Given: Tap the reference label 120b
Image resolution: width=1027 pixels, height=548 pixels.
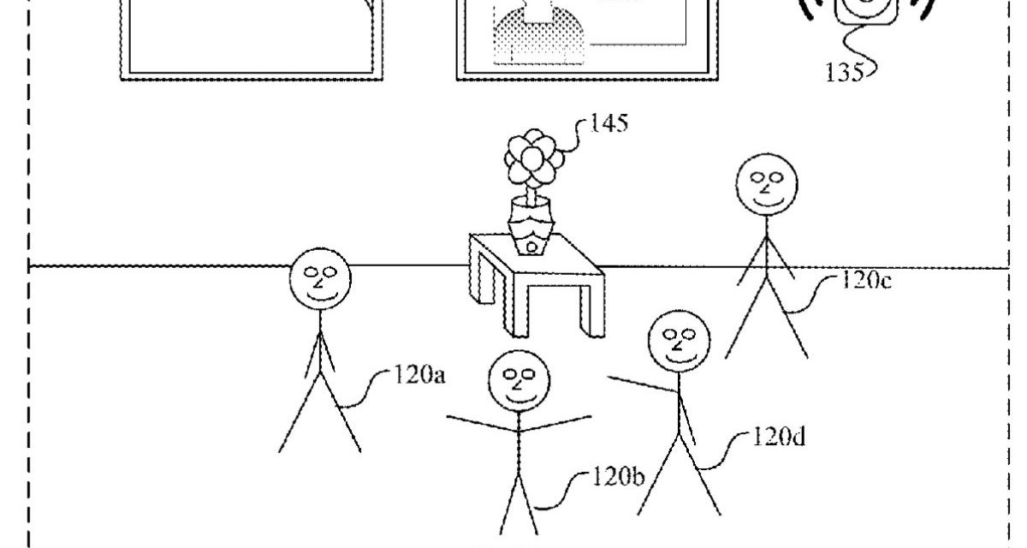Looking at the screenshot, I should [618, 477].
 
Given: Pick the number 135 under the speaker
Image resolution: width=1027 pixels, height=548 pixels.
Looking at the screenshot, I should [845, 72].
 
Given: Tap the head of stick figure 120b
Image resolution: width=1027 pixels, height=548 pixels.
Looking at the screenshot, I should [519, 379].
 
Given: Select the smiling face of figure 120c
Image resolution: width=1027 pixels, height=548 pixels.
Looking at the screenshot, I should [766, 184].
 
